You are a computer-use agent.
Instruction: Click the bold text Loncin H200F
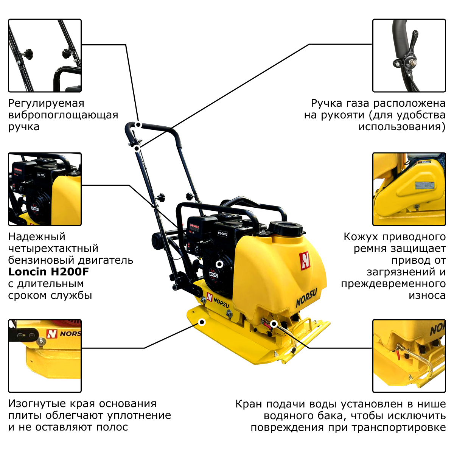(48, 272)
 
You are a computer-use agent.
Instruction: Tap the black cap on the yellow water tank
(286, 228)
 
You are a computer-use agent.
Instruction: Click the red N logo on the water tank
(305, 260)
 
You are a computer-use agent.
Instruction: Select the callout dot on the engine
(219, 264)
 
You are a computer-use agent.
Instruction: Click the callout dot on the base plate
(202, 322)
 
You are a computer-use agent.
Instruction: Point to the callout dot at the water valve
(274, 324)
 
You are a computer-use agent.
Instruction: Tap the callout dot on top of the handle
(138, 124)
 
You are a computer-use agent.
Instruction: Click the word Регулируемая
(46, 104)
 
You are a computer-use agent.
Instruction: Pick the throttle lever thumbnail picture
(409, 56)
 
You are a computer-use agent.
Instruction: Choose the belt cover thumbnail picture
(409, 189)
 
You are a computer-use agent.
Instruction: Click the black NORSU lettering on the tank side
(306, 298)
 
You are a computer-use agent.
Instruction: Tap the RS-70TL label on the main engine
(222, 234)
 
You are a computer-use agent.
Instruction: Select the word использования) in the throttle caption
(402, 127)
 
